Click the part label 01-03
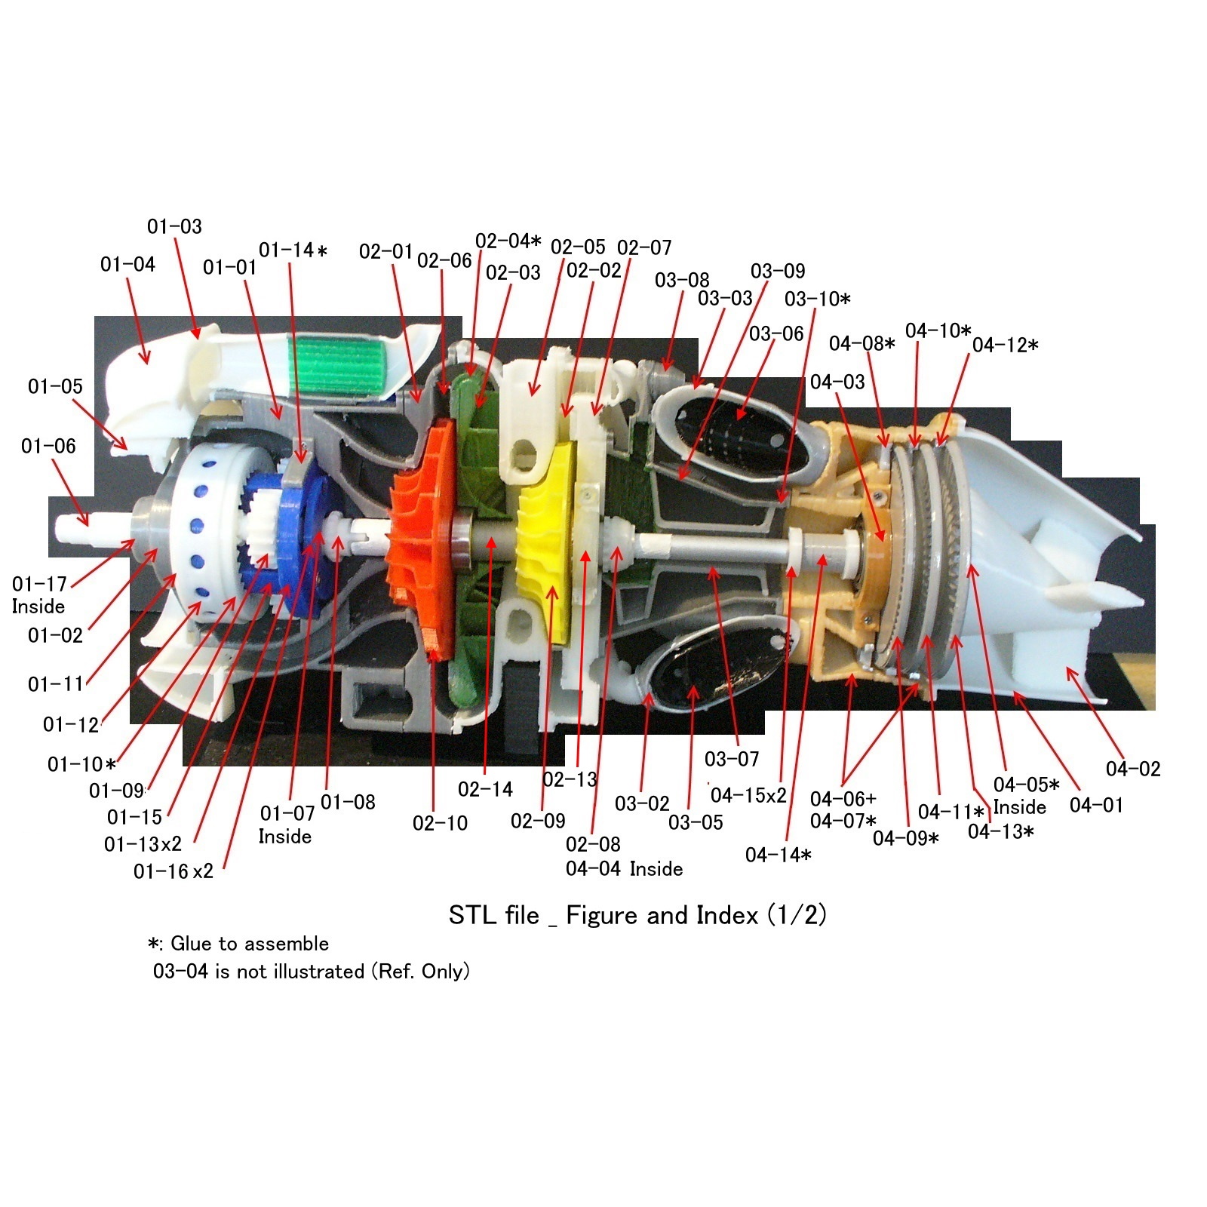tap(174, 226)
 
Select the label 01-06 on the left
tap(48, 446)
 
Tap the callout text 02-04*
tap(508, 241)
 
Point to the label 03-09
tap(777, 271)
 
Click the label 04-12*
tap(1004, 346)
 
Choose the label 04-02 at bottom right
tap(1132, 769)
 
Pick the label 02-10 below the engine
tap(440, 823)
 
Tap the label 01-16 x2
tap(173, 871)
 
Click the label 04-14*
tap(778, 855)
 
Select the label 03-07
tap(731, 759)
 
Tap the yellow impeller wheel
tap(548, 543)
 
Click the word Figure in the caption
tap(603, 915)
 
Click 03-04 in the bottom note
tap(180, 971)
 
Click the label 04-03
tap(837, 382)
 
